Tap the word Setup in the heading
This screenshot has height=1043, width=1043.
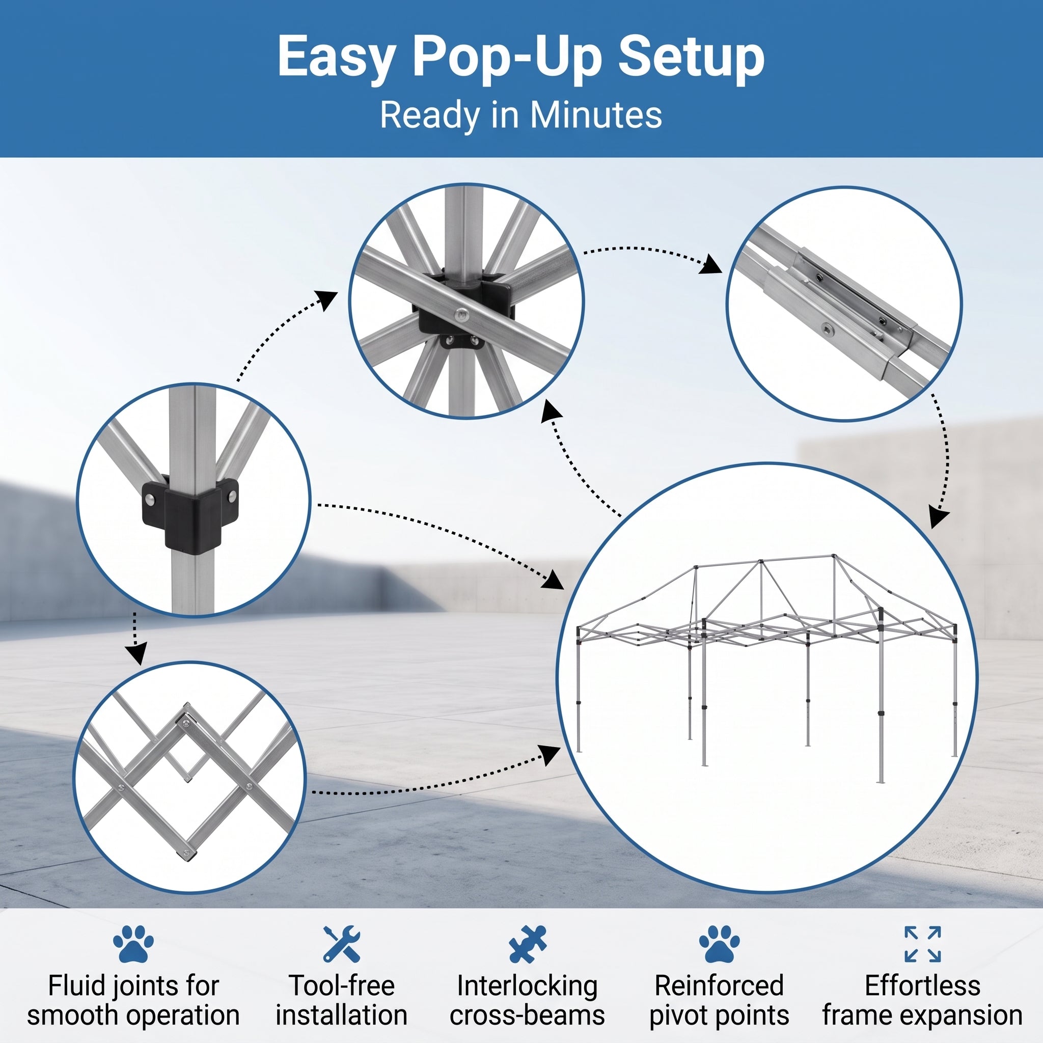tap(691, 57)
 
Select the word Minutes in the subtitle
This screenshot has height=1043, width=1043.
tap(595, 115)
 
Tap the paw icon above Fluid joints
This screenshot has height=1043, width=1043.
tap(133, 944)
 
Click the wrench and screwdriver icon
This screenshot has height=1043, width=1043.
tap(341, 944)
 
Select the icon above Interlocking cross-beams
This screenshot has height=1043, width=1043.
tap(528, 944)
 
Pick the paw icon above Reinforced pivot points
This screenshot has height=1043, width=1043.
tap(719, 944)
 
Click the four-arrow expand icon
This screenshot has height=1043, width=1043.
tap(923, 944)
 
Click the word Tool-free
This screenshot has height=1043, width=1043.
tap(341, 986)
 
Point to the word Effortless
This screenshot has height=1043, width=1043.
tap(923, 986)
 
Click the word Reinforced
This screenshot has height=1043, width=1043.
tap(719, 986)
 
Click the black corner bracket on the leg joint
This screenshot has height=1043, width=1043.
tap(190, 515)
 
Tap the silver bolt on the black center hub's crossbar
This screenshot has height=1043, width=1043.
tap(461, 314)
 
